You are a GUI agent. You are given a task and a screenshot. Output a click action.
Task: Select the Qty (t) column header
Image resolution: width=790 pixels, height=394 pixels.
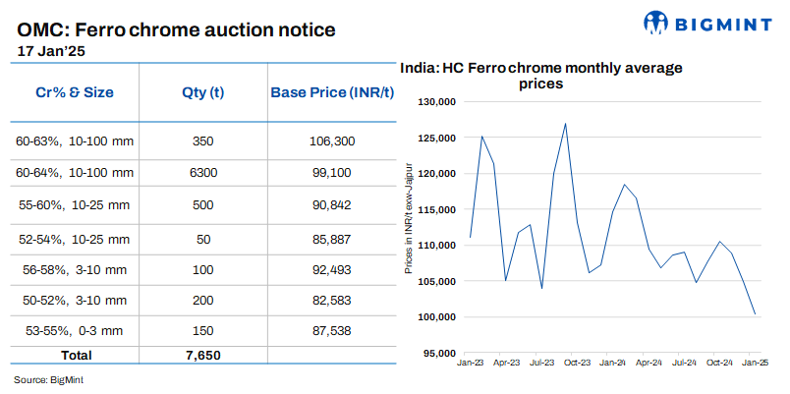[203, 92]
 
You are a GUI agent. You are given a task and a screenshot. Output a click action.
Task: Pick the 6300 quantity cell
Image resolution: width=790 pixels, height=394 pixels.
[203, 173]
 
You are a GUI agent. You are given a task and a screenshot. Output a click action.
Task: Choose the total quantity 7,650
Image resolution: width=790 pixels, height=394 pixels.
[203, 354]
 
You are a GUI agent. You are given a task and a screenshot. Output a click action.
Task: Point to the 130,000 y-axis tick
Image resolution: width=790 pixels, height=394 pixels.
[437, 102]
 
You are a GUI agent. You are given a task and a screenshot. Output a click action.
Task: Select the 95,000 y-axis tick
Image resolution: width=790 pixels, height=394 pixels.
[440, 353]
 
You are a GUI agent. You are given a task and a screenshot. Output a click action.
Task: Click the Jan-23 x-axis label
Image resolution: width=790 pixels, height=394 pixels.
[470, 363]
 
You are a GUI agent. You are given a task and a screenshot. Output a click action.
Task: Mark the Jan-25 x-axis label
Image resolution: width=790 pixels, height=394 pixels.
[755, 363]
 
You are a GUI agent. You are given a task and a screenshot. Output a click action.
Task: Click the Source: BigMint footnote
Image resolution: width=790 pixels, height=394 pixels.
[46, 379]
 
